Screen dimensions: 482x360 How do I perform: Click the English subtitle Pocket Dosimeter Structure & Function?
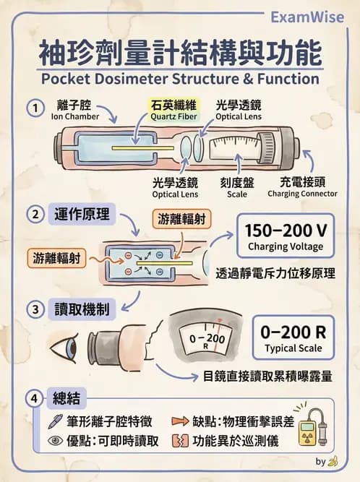pos(179,78)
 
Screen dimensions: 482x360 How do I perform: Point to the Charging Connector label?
pos(302,188)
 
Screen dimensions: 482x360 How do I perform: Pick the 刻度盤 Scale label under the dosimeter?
pos(235,188)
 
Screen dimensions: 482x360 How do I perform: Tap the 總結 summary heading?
pos(71,397)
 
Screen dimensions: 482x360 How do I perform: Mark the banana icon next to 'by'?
pos(333,460)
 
